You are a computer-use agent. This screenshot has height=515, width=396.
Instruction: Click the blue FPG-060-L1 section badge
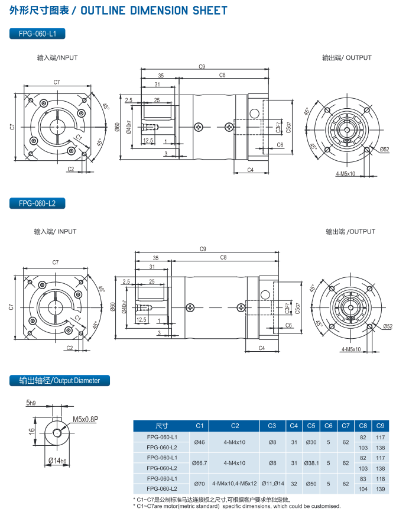37,34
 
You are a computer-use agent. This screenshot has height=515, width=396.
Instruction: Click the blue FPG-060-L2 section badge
37,203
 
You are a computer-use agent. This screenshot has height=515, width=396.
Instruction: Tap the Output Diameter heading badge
60,380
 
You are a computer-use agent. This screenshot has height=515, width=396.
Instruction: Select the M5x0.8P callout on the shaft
85,419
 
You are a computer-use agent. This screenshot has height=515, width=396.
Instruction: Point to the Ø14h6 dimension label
57,461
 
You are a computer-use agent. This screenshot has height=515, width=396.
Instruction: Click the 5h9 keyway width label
31,403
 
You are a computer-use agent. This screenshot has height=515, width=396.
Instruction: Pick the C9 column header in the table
380,426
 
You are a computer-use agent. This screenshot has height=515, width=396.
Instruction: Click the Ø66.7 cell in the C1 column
199,463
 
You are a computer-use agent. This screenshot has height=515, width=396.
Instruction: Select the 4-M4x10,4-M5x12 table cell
235,484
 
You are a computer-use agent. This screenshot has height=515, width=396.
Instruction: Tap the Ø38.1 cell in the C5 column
311,463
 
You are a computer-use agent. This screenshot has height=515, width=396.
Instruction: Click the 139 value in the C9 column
380,489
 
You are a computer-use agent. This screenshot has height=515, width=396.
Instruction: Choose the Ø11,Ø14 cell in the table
273,484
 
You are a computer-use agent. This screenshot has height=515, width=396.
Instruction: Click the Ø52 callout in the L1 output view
385,150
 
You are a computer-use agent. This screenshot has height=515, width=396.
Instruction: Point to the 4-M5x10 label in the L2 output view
351,349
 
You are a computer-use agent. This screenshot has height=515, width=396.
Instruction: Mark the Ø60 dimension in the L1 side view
117,127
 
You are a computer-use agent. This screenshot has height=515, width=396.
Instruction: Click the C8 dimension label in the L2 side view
223,258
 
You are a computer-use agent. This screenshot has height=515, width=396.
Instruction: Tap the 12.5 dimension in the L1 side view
148,140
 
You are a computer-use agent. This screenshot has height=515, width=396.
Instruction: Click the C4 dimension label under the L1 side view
251,170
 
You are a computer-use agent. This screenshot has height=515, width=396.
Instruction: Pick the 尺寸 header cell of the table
161,426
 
